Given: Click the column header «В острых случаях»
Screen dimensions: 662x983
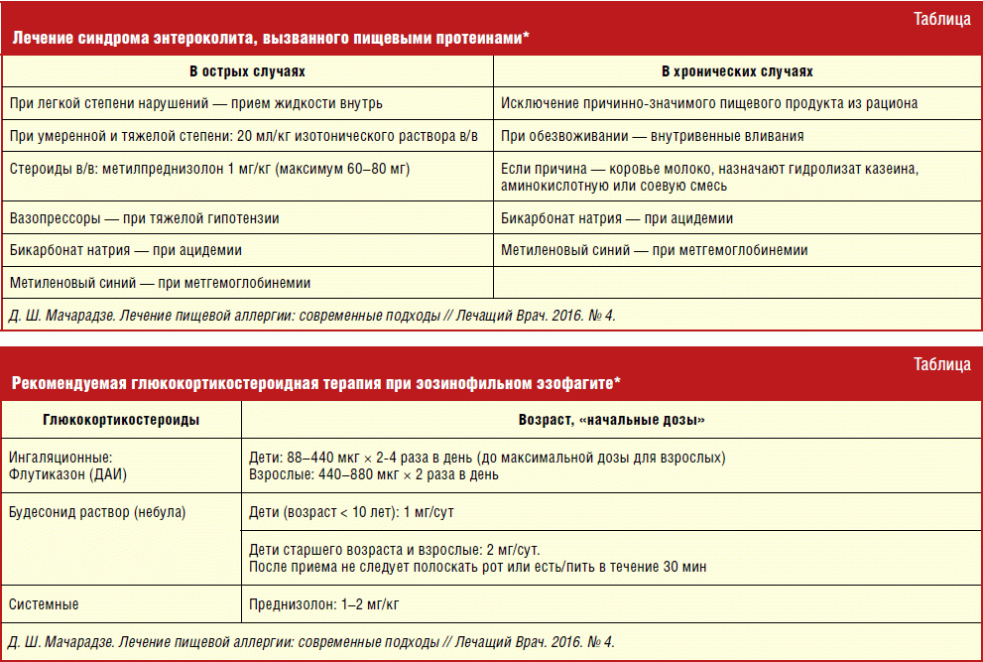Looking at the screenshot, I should pos(247,72).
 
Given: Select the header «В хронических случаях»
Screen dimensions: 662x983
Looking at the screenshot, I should pos(737,72).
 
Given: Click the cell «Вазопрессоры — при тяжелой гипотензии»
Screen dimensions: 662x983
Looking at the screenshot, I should pos(144,218).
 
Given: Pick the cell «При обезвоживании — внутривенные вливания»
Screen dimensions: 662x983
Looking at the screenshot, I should pos(652,136).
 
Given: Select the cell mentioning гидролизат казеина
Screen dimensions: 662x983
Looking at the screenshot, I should pos(709,178).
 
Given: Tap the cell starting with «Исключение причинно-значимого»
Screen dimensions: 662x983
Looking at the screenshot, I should pos(708,103).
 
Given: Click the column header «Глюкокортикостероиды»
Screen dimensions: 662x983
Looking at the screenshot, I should pos(121,420).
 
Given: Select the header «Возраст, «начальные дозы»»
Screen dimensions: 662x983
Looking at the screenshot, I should pos(612,420).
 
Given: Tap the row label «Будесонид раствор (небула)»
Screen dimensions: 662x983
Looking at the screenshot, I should pos(97,513).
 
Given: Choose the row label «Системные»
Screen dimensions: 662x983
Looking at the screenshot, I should pos(44,603).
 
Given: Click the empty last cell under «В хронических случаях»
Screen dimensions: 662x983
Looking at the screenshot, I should pos(737,283).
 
